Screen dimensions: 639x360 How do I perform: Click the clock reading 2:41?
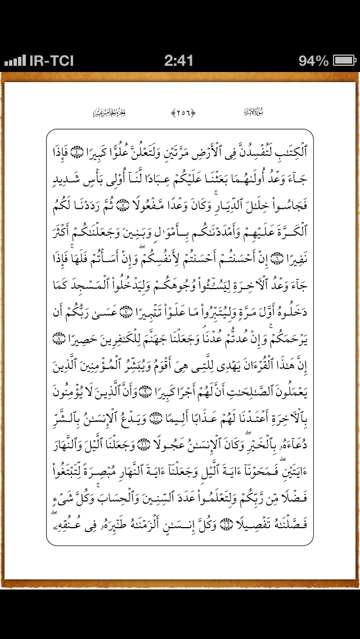click(x=179, y=61)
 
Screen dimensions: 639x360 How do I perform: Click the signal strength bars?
click(x=15, y=61)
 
